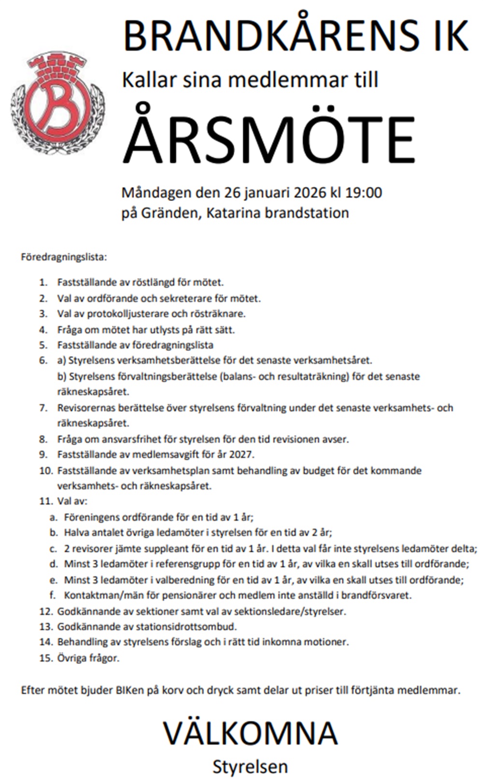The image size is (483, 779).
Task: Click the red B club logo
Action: [57, 103]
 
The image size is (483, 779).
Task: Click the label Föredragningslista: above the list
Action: [63, 257]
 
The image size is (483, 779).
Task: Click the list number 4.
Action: [43, 330]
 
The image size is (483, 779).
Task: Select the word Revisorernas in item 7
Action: [86, 408]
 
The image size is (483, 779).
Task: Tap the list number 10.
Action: [45, 471]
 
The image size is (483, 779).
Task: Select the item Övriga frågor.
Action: [88, 658]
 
